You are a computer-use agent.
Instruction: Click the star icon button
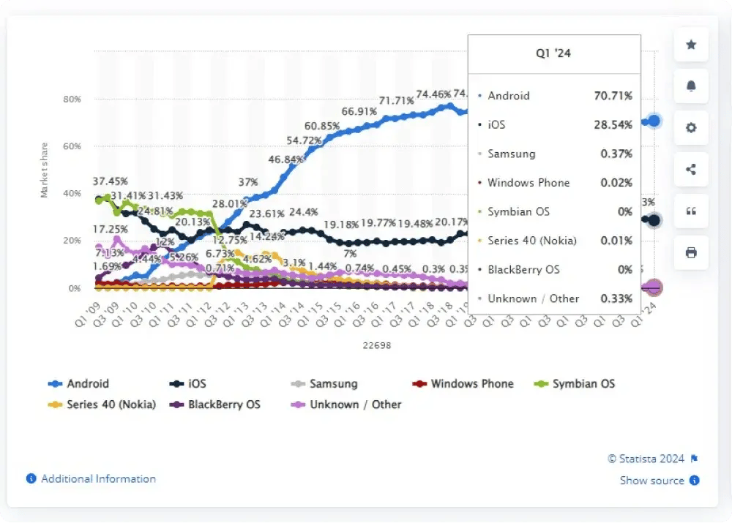[x=691, y=45]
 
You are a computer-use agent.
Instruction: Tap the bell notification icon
[x=691, y=86]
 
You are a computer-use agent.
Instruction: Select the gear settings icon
[x=691, y=128]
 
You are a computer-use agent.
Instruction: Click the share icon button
[x=691, y=170]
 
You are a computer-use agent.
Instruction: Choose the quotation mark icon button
[x=691, y=211]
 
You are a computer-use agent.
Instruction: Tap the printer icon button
[x=691, y=253]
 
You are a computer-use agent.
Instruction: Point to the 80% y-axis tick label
[x=71, y=99]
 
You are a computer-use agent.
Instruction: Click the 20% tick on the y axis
[x=71, y=241]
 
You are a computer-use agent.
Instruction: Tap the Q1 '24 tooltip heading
[x=554, y=53]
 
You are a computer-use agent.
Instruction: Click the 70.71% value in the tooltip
[x=613, y=96]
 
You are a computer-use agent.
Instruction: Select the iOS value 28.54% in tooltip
[x=613, y=125]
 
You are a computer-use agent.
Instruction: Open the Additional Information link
[x=98, y=478]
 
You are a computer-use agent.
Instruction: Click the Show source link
[x=652, y=481]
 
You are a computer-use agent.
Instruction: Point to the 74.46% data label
[x=434, y=94]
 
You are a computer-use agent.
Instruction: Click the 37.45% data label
[x=111, y=181]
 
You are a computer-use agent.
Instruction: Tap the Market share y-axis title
[x=44, y=170]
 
